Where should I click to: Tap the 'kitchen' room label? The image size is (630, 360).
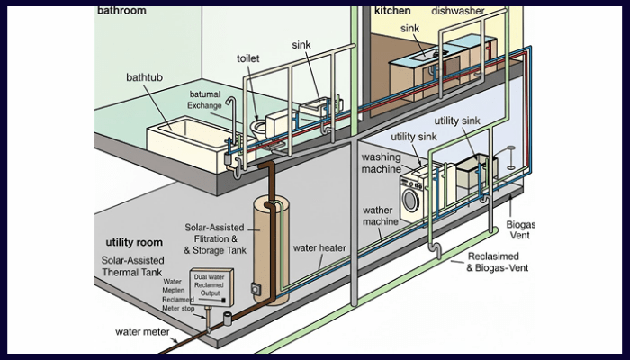[392, 11]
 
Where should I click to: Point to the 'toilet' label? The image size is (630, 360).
[248, 58]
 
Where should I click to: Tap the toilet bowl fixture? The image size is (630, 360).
[259, 128]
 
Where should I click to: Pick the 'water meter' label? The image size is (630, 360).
[142, 330]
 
